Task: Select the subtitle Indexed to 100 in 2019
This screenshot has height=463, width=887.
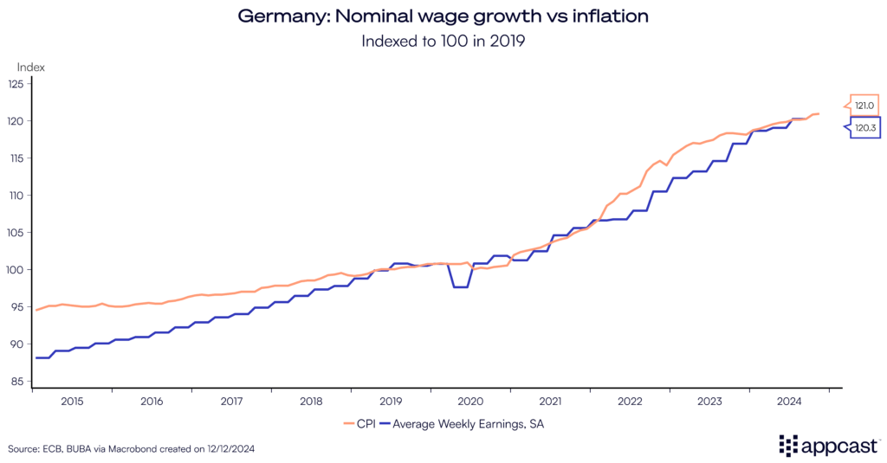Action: click(x=443, y=41)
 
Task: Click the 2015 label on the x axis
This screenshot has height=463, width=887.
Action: click(x=72, y=402)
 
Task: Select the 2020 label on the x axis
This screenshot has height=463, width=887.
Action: click(x=470, y=402)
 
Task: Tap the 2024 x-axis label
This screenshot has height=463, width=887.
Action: click(x=789, y=402)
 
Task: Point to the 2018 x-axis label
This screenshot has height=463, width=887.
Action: click(x=311, y=402)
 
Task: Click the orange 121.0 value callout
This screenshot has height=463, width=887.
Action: click(x=864, y=106)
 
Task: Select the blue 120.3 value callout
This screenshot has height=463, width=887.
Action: click(x=864, y=127)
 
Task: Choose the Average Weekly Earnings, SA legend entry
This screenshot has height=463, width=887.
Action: click(x=469, y=424)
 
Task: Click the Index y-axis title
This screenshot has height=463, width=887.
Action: click(x=31, y=67)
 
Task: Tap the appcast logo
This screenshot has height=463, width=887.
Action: click(x=830, y=447)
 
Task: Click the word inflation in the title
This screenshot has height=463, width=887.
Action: click(x=602, y=16)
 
